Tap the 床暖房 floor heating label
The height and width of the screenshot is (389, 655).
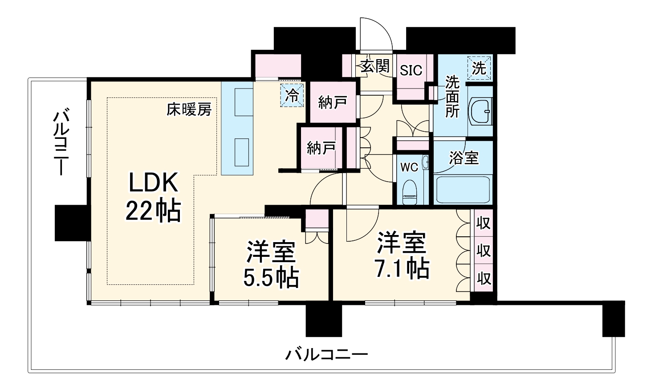[189, 109]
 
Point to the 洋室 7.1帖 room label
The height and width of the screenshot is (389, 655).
[403, 255]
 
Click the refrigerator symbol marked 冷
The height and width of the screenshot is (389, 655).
[292, 95]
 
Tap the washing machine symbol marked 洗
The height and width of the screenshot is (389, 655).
[479, 68]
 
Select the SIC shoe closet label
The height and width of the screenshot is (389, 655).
[411, 70]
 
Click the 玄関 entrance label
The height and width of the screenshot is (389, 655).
[374, 66]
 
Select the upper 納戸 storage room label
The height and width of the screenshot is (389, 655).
[332, 103]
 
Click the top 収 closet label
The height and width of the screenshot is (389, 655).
[484, 222]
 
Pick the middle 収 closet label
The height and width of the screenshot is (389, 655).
[484, 250]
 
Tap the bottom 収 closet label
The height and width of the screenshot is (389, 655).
[484, 278]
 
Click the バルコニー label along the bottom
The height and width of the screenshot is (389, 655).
[326, 355]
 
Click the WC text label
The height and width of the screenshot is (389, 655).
[409, 167]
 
